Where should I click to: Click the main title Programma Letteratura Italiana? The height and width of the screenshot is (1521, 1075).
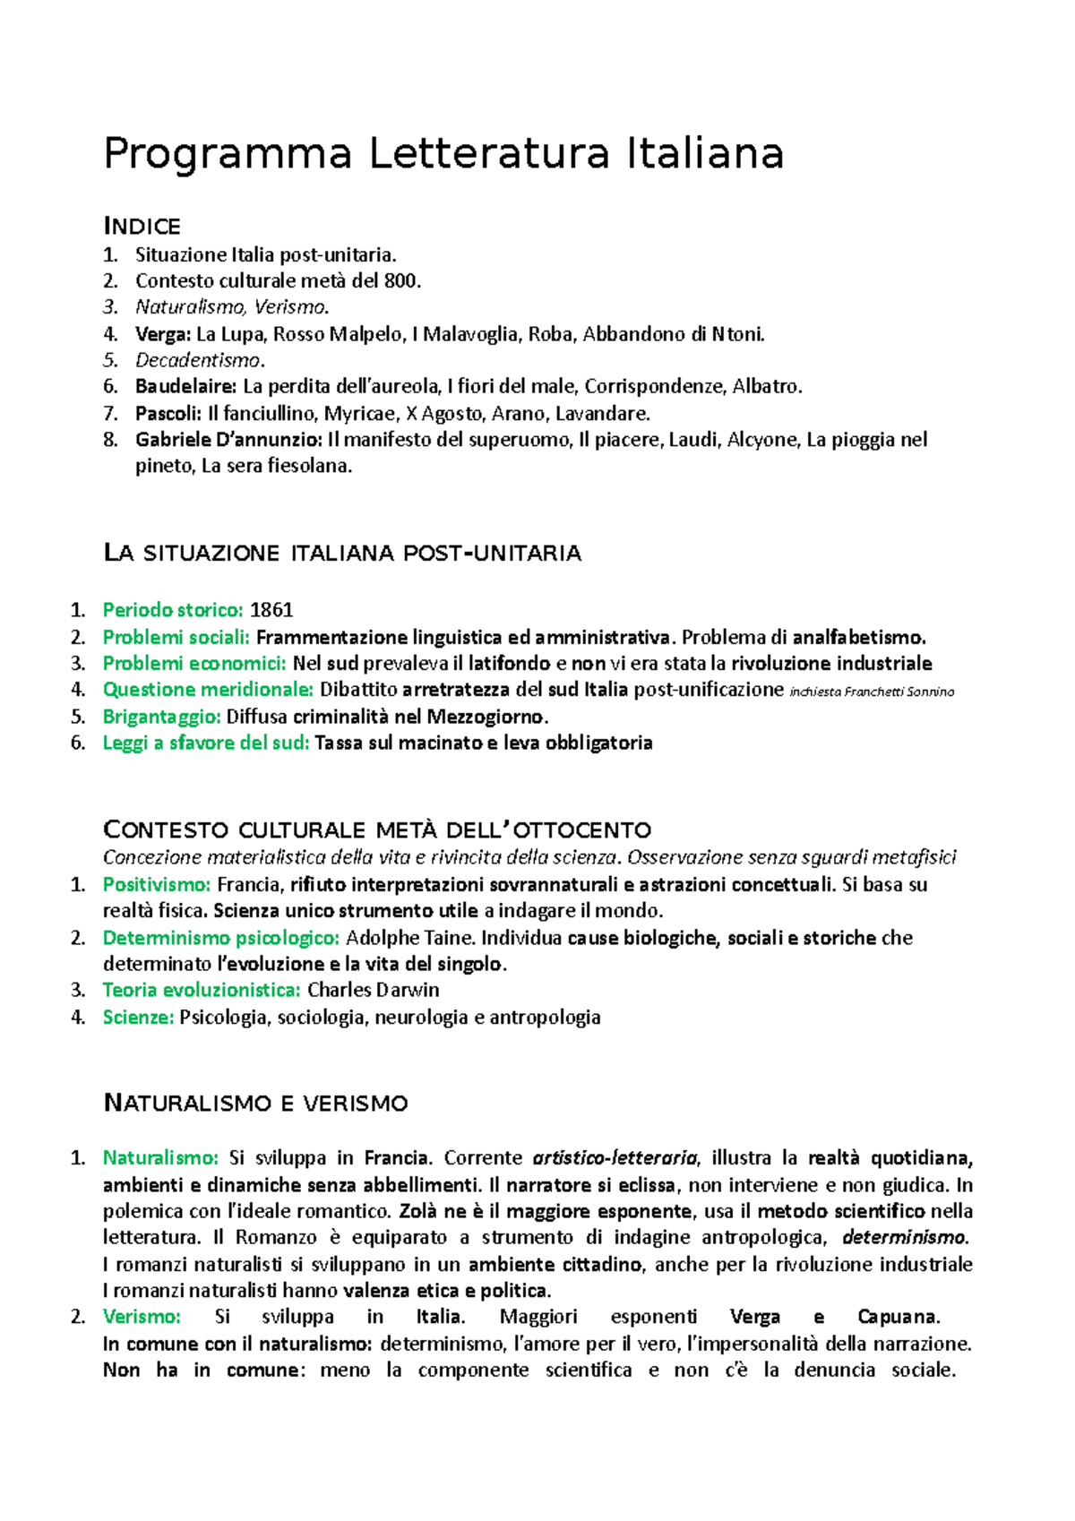point(443,153)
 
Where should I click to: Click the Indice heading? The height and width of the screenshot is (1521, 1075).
point(142,226)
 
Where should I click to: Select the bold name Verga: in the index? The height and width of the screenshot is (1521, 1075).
point(163,334)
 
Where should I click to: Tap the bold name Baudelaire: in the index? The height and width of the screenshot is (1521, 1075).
point(186,387)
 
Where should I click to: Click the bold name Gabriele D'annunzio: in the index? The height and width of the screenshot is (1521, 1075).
point(228,440)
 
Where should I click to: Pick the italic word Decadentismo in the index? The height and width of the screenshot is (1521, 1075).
point(199,360)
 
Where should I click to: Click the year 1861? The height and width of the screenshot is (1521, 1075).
point(271,610)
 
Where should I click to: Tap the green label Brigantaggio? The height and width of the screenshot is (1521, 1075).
point(161,717)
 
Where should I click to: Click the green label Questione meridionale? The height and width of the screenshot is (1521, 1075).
point(208,690)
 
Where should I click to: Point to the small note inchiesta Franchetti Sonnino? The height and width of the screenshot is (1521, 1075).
point(872,692)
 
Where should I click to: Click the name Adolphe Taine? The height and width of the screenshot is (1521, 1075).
point(410,938)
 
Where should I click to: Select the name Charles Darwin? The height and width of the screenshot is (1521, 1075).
point(373,990)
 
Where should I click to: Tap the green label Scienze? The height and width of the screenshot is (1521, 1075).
point(138,1017)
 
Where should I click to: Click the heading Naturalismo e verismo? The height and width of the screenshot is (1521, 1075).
point(256,1103)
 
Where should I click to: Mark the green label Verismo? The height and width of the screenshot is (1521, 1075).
point(142,1317)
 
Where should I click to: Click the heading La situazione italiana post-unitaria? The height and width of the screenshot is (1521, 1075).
point(342,553)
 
